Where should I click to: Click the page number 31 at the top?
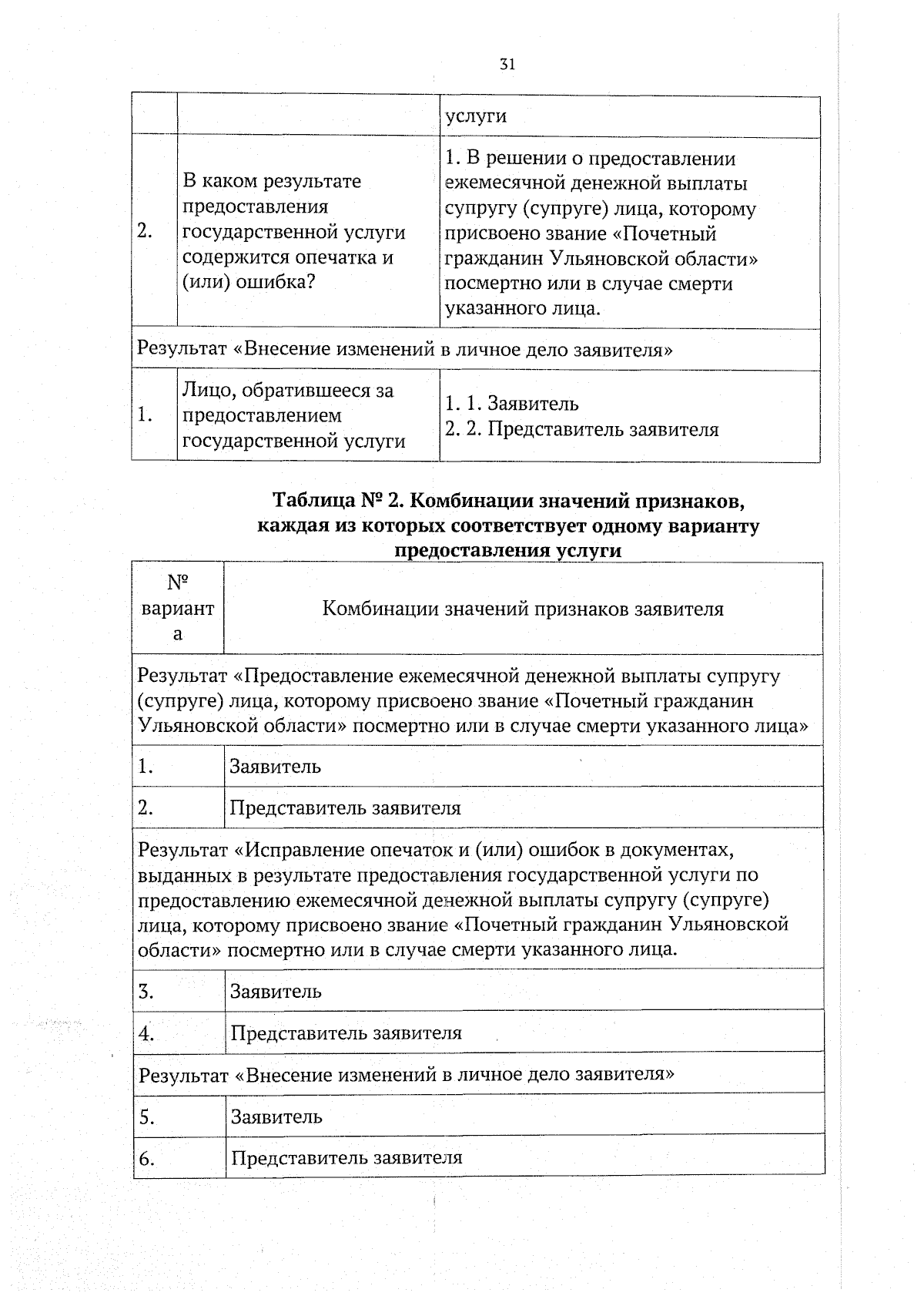click(507, 64)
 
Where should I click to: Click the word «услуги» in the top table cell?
click(476, 116)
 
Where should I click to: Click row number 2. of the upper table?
click(144, 231)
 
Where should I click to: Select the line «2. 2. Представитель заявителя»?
click(581, 429)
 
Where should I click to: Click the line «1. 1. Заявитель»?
click(512, 404)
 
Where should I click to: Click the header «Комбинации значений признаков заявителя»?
click(523, 609)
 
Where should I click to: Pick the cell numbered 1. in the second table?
click(146, 767)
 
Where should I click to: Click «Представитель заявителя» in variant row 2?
click(345, 808)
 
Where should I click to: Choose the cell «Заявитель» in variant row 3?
click(276, 991)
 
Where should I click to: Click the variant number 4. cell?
click(147, 1033)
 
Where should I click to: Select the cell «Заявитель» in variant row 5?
click(276, 1116)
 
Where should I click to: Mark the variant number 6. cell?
click(147, 1158)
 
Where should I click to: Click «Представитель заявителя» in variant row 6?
click(346, 1157)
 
